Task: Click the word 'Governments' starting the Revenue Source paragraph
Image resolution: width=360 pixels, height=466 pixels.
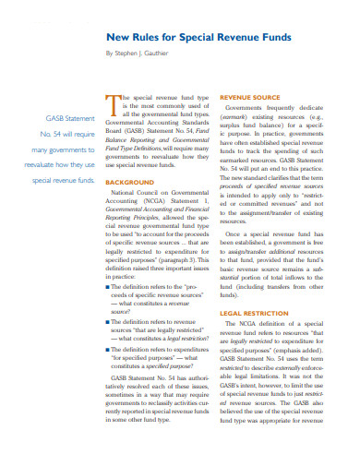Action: click(249, 108)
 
